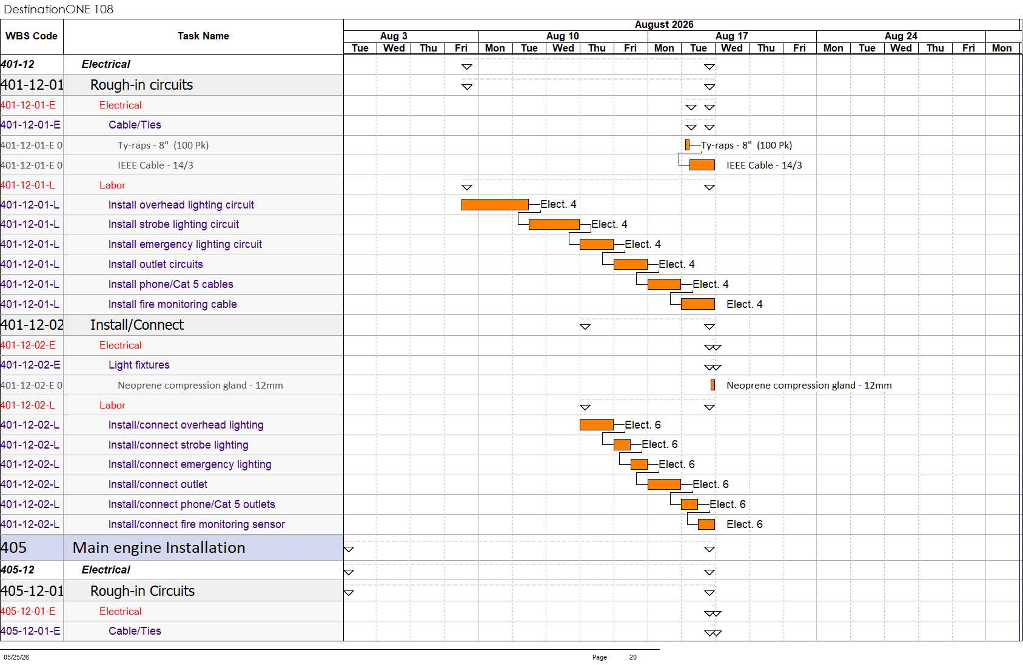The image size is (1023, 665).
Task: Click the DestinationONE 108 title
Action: pyautogui.click(x=58, y=9)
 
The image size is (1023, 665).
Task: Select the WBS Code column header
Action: pyautogui.click(x=32, y=36)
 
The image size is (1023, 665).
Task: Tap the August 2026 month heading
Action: pyautogui.click(x=663, y=25)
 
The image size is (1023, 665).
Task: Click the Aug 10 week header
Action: pyautogui.click(x=562, y=36)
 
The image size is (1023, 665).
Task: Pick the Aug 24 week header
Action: pyautogui.click(x=901, y=36)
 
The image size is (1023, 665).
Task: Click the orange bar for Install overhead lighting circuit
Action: pyautogui.click(x=495, y=204)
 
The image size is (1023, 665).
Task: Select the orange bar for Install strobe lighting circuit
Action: pyautogui.click(x=554, y=224)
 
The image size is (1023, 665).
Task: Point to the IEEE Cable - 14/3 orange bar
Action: pyautogui.click(x=702, y=165)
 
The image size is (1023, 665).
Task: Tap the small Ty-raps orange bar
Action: pyautogui.click(x=687, y=145)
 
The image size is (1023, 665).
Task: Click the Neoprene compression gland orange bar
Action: pyautogui.click(x=713, y=385)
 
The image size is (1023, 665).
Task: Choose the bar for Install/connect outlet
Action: pyautogui.click(x=664, y=484)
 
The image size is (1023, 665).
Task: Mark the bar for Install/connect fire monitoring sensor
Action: pyautogui.click(x=706, y=524)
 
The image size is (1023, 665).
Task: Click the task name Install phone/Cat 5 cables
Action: pyautogui.click(x=170, y=284)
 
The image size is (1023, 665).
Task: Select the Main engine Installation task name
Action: pyautogui.click(x=158, y=548)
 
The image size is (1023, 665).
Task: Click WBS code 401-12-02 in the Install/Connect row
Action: pyautogui.click(x=32, y=325)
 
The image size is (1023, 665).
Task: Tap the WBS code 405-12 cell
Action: pyautogui.click(x=18, y=570)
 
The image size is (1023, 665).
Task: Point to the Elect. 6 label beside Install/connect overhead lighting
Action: pyautogui.click(x=643, y=425)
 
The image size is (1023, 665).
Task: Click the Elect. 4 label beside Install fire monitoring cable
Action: pyautogui.click(x=745, y=304)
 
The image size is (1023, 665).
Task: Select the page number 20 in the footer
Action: pyautogui.click(x=632, y=657)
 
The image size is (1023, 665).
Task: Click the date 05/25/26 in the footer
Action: pyautogui.click(x=16, y=657)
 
